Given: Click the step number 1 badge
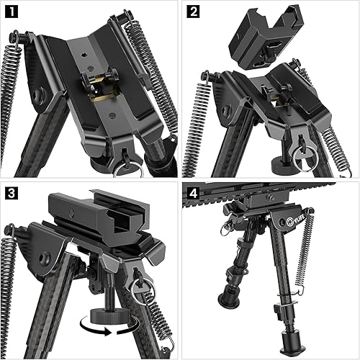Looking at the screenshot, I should point(12,12).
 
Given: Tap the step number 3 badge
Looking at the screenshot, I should point(12,194).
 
